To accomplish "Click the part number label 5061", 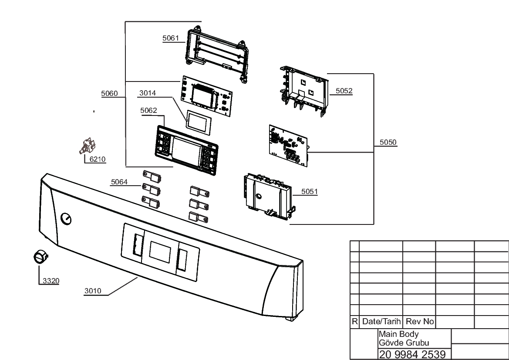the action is coord(171,38).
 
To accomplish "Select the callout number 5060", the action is coord(109,94).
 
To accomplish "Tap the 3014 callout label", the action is coord(148,93).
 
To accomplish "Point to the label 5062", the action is coord(148,110).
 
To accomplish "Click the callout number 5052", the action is coord(344,91).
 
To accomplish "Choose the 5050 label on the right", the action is coord(388,143).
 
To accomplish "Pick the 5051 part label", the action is coord(310,192).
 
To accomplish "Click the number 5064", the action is coord(119,182).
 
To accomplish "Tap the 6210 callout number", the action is coord(98,159).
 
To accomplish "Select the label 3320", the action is coord(51,281).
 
